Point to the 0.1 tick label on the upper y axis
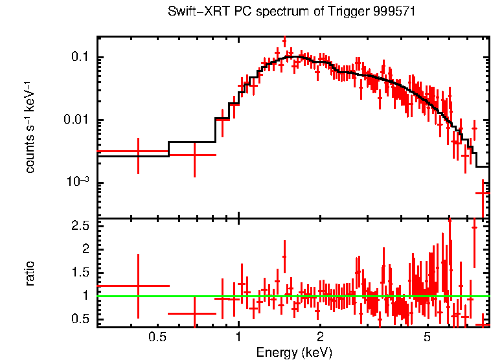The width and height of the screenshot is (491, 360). (80, 58)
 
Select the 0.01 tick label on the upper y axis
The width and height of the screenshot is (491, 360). (76, 120)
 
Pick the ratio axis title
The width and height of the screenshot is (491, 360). (30, 273)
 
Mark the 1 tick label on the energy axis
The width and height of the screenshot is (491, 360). (238, 337)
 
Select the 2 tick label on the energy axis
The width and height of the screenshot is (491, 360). (321, 337)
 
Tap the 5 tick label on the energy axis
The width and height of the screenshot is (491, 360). (427, 337)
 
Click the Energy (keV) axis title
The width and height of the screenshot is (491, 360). (294, 352)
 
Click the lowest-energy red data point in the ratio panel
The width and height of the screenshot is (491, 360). (138, 286)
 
